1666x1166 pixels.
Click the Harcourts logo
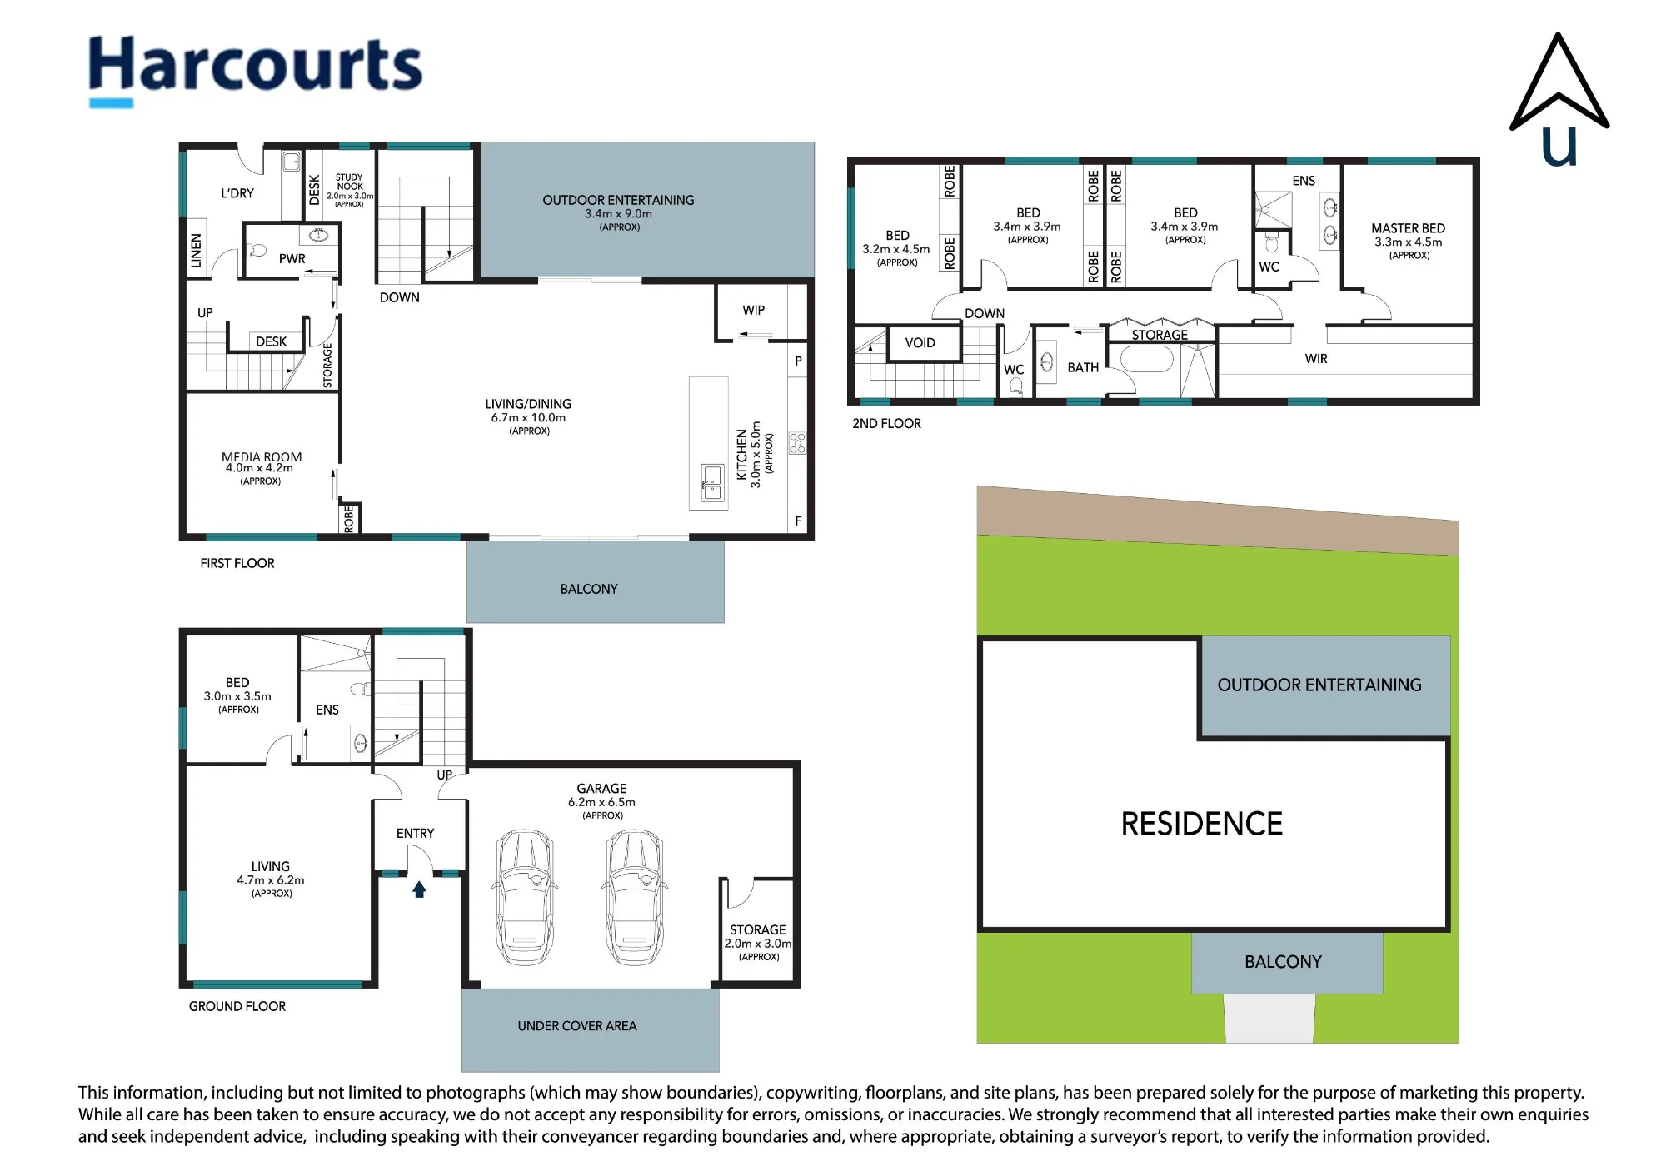(x=256, y=69)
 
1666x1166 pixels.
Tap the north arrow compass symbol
(x=1559, y=100)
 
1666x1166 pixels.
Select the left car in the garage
(x=525, y=897)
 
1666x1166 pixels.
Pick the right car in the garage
(x=636, y=897)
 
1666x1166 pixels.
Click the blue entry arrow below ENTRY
(x=419, y=889)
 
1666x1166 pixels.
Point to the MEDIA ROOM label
(x=262, y=456)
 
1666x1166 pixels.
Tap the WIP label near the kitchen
(x=753, y=310)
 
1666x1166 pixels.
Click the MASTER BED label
(x=1408, y=228)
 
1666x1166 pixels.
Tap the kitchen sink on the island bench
(x=712, y=482)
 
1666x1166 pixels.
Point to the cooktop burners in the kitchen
(x=797, y=443)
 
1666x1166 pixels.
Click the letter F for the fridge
(x=798, y=521)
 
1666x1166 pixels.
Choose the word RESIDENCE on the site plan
(x=1201, y=824)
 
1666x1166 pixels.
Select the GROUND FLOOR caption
(x=237, y=1006)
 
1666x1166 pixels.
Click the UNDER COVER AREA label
(x=577, y=1026)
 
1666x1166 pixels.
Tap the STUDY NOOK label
(x=350, y=182)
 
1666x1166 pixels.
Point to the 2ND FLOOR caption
(x=886, y=423)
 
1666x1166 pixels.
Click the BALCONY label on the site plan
(x=1283, y=962)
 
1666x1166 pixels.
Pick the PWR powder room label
(x=292, y=258)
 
